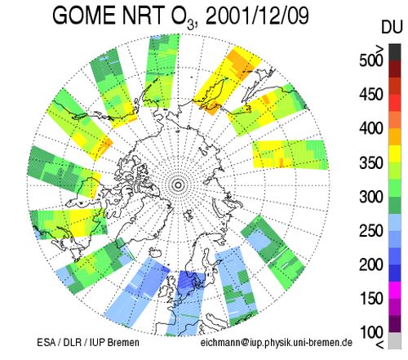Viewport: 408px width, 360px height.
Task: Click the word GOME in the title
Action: coord(84,16)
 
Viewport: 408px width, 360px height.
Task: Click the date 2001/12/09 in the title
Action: coord(257,16)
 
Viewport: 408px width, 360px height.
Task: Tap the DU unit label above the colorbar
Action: coord(392,27)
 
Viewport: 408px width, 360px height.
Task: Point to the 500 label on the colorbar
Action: coord(371,60)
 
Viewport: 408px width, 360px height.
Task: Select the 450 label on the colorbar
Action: coord(371,95)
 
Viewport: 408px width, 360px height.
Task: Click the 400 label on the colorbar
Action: coord(371,128)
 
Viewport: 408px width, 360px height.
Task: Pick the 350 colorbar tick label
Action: coord(371,162)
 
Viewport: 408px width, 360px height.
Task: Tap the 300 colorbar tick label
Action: coord(371,197)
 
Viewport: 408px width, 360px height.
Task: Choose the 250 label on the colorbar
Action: coord(371,231)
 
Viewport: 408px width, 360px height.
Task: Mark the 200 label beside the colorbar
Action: coord(371,264)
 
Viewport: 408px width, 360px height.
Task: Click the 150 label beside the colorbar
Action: coord(371,299)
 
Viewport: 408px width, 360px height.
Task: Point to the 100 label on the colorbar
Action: coord(371,332)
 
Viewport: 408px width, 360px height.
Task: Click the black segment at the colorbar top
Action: coord(395,52)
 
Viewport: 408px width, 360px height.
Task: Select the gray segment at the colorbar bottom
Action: coord(395,340)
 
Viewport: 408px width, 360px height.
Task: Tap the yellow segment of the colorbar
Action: coord(395,154)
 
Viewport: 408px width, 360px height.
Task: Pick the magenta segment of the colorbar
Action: coord(395,290)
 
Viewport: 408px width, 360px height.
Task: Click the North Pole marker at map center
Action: coord(179,185)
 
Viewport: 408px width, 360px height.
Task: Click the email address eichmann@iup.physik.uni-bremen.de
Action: coord(277,342)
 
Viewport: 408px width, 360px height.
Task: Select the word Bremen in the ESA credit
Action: coord(123,342)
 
